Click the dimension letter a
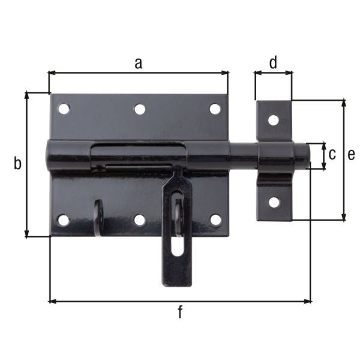138,62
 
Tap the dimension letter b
17,163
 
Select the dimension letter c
332,154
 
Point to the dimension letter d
273,62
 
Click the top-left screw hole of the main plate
64,109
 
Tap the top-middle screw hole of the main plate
140,109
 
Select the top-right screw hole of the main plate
215,109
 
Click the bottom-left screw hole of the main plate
64,220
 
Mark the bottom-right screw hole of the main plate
215,220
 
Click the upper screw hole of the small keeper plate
273,119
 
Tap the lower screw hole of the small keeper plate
274,202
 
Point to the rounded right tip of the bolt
307,154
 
